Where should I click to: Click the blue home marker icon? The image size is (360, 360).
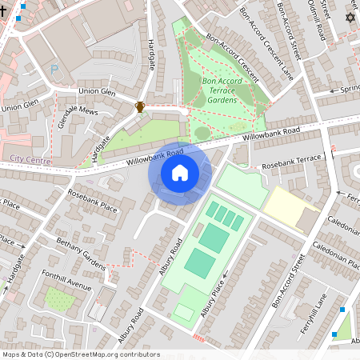tap(180, 172)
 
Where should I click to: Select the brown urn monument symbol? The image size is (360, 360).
tap(140, 106)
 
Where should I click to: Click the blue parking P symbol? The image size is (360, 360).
tap(54, 70)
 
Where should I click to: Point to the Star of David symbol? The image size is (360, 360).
tap(349, 18)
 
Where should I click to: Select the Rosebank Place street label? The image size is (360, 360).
tap(93, 202)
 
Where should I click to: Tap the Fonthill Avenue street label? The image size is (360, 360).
tap(68, 283)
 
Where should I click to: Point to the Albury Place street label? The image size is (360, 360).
tap(213, 298)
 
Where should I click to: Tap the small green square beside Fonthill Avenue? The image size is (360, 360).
tap(58, 300)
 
